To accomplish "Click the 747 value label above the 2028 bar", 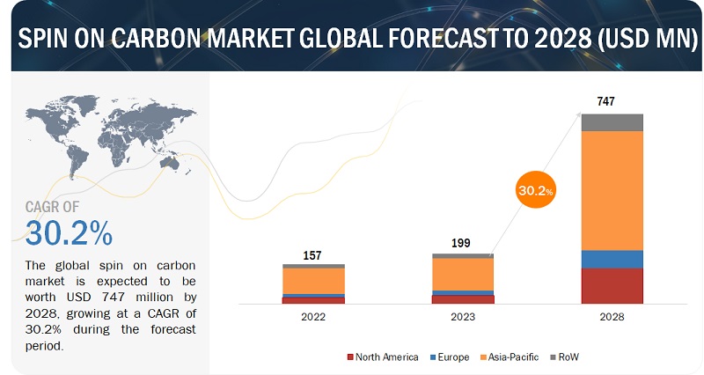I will pyautogui.click(x=605, y=101).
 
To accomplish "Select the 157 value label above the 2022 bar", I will pyautogui.click(x=313, y=255).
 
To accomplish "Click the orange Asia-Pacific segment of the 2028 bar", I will pyautogui.click(x=612, y=190).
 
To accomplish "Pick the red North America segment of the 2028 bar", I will pyautogui.click(x=612, y=286).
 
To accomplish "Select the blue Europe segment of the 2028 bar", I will pyautogui.click(x=612, y=259).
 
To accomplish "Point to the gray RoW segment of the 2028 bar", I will pyautogui.click(x=612, y=122).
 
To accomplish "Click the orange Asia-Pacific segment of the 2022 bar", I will pyautogui.click(x=313, y=280).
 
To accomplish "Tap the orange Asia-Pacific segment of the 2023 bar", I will pyautogui.click(x=462, y=274).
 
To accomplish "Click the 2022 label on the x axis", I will pyautogui.click(x=313, y=317).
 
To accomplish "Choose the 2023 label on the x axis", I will pyautogui.click(x=462, y=317).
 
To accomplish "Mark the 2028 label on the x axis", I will pyautogui.click(x=612, y=317).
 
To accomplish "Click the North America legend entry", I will pyautogui.click(x=384, y=357).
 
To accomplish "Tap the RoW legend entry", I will pyautogui.click(x=564, y=357).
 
